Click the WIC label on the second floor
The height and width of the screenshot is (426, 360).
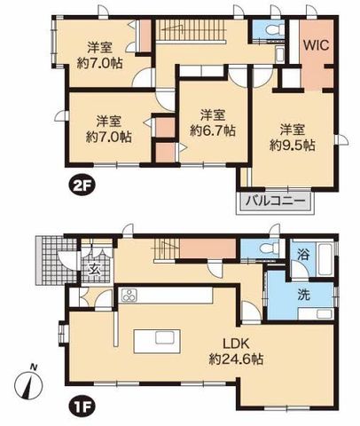click(317, 45)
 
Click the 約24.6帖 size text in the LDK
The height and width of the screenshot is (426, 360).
click(237, 359)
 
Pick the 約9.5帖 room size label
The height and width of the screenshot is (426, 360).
click(292, 146)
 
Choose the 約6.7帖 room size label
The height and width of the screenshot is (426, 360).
click(213, 130)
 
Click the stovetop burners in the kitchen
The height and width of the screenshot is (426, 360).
click(129, 296)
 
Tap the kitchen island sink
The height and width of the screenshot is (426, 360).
click(167, 338)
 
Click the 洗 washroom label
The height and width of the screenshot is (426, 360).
click(304, 296)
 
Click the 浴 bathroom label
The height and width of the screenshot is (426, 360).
click(303, 254)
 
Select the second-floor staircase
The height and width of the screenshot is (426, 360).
click(191, 31)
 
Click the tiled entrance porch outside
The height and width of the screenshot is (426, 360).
click(56, 260)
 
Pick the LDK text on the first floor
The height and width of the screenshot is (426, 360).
click(237, 344)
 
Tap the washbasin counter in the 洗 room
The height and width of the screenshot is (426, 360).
click(316, 313)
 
